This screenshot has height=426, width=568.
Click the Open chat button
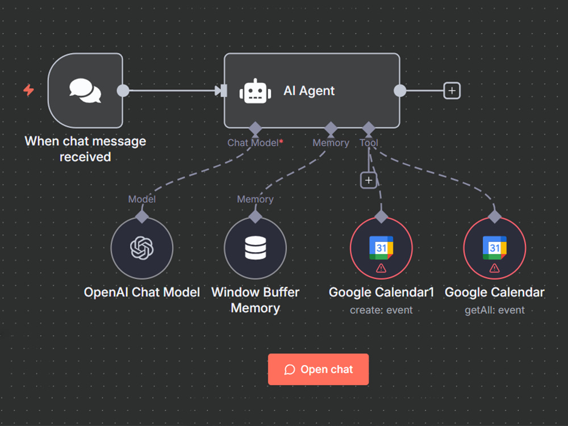pos(318,369)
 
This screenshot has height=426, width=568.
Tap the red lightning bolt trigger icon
pos(28,90)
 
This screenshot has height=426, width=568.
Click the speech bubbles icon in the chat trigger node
pos(85,90)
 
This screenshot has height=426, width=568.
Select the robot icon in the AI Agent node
pos(255,91)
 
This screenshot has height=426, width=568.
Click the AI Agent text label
pos(309,90)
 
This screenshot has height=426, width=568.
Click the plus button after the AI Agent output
pos(452,90)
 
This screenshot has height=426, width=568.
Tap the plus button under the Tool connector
pos(369,180)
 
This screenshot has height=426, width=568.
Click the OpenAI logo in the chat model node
pos(141,248)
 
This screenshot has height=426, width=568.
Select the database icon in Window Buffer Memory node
pos(256,248)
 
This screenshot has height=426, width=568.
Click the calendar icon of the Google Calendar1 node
pos(381,248)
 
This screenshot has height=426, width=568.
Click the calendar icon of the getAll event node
pos(495,248)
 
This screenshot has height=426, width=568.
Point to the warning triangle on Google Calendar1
pos(381,268)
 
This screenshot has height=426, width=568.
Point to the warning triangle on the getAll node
pos(495,268)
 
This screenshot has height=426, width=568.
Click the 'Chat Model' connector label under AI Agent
pos(253,143)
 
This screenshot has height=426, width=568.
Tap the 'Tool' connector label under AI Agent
pos(369,143)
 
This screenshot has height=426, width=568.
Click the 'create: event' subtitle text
pos(381,310)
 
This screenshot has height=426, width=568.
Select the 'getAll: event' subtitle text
pos(495,310)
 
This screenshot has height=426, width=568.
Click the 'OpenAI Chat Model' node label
pos(141,292)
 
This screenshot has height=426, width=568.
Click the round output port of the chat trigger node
pos(123,90)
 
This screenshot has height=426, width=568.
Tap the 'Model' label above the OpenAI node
pos(141,199)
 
